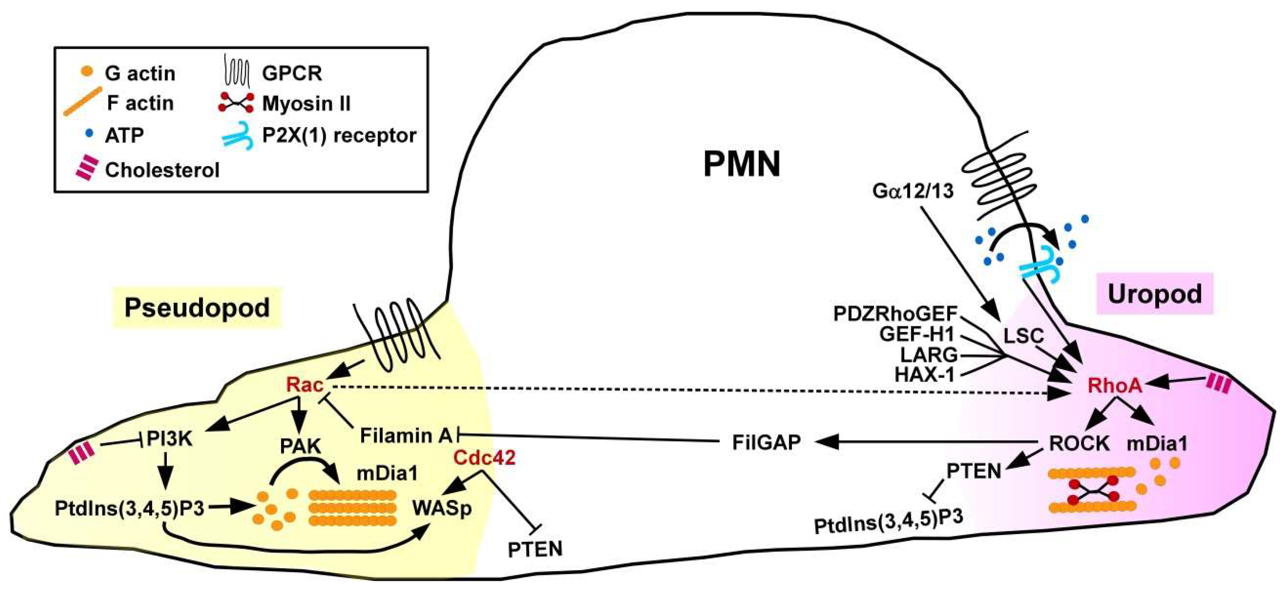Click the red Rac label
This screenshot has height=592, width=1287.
pyautogui.click(x=305, y=385)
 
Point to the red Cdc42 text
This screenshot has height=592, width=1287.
pyautogui.click(x=484, y=458)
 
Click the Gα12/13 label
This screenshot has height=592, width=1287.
pyautogui.click(x=912, y=191)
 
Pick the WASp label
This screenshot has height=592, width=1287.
pyautogui.click(x=442, y=508)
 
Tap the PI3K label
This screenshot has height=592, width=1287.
pyautogui.click(x=169, y=440)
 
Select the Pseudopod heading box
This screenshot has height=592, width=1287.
pyautogui.click(x=197, y=307)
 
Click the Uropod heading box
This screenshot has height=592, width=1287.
pyautogui.click(x=1155, y=294)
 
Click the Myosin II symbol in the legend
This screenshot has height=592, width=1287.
pyautogui.click(x=236, y=103)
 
